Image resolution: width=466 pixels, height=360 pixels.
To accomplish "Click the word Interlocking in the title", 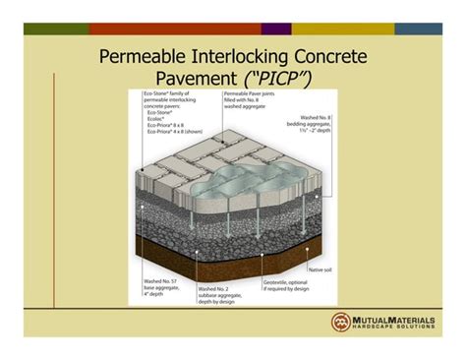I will point(249,57).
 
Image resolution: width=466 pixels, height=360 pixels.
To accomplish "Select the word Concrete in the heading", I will point(333,57).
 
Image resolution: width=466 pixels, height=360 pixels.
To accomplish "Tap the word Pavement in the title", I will point(192,80).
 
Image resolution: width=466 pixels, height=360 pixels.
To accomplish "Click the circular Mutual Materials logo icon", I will point(341,322).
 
